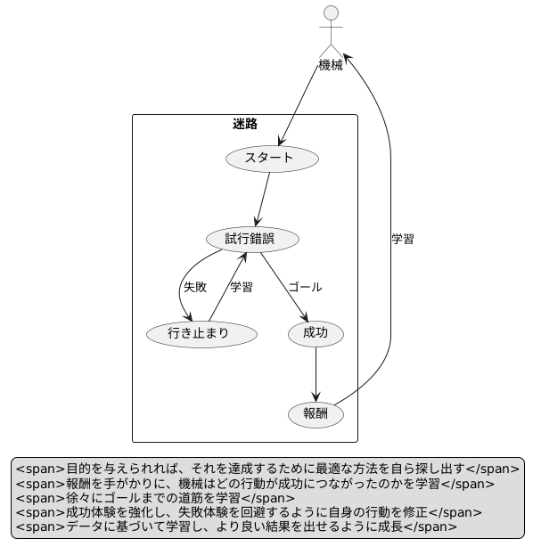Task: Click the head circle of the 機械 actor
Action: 332,12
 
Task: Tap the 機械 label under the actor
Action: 332,65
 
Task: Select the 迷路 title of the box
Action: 245,124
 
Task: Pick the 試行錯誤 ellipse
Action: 252,240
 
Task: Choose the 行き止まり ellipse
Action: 202,334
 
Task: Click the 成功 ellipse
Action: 316,334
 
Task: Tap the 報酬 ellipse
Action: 316,414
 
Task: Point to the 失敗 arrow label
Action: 195,288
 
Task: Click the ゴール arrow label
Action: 305,288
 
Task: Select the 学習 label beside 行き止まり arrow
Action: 242,288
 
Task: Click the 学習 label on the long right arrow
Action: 403,239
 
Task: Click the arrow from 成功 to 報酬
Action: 316,374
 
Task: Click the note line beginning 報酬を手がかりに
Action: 255,483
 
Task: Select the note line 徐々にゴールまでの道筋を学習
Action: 155,498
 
